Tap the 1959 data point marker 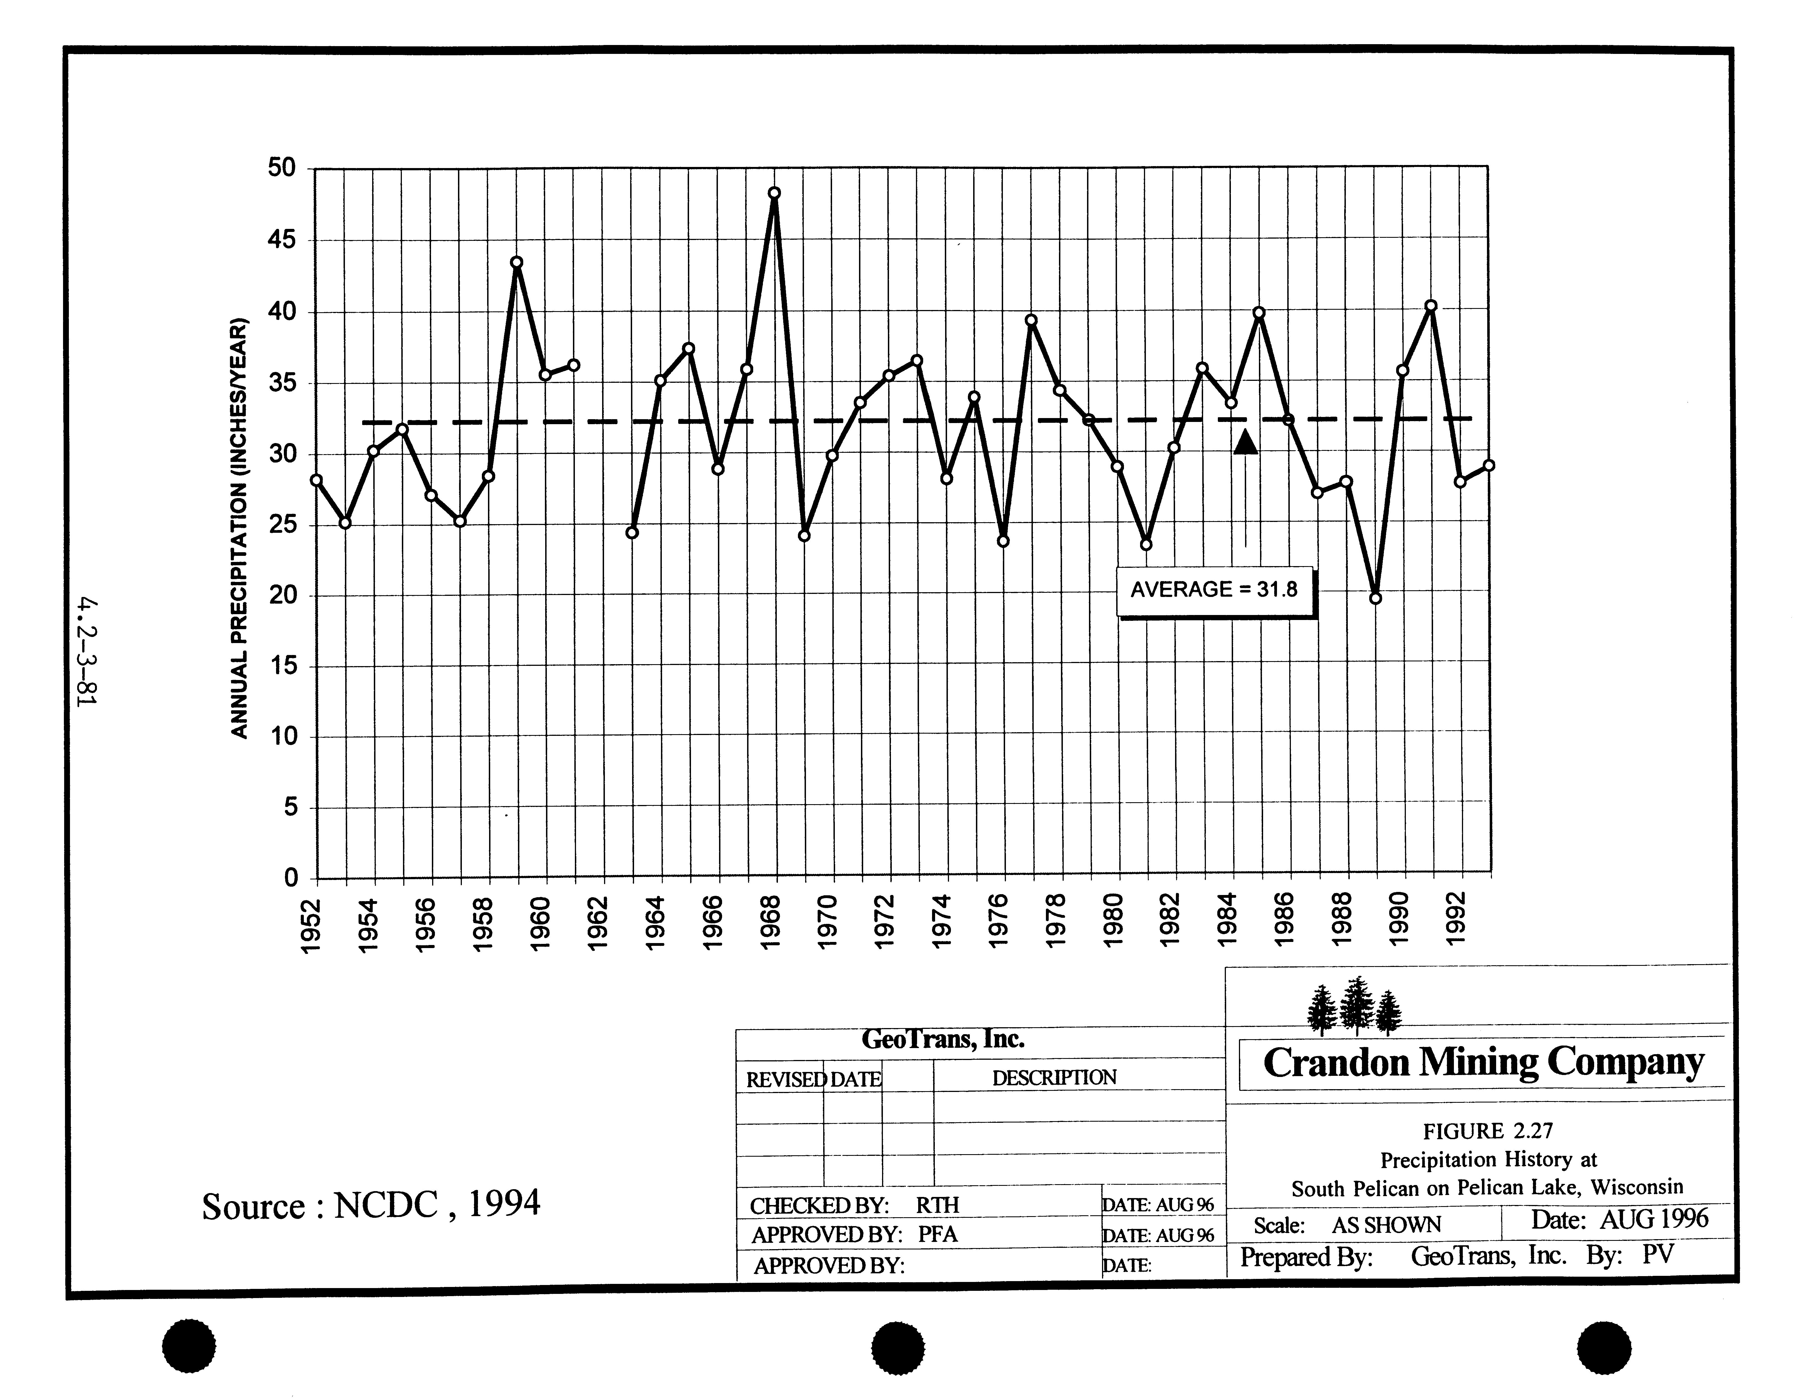(x=517, y=262)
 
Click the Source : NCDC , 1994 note (x=371, y=1205)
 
